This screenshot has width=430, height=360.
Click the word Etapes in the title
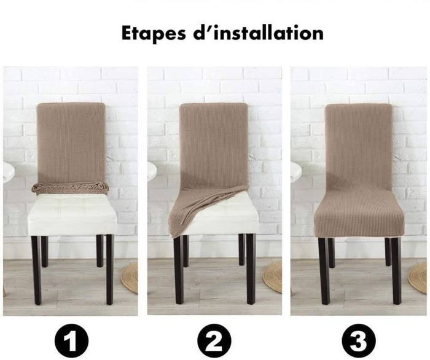pos(154,34)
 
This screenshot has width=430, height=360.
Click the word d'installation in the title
pos(259,33)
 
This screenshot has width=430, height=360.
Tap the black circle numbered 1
pos(72,340)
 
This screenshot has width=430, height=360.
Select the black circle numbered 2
pos(214,340)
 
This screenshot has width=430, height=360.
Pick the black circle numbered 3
pos(358,340)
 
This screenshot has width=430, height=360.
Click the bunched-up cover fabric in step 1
pos(71,188)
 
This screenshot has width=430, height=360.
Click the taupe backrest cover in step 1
pos(71,143)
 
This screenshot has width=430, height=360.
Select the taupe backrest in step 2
pos(214,148)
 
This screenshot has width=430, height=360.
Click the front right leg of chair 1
pos(109,270)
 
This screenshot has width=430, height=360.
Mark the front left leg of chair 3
pos(324,271)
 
